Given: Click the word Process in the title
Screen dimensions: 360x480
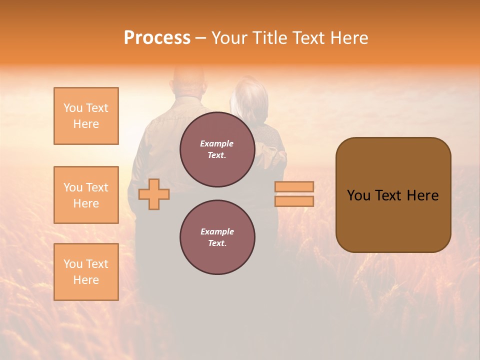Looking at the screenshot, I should pyautogui.click(x=157, y=38).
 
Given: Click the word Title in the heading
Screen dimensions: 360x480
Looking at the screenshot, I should pyautogui.click(x=270, y=38).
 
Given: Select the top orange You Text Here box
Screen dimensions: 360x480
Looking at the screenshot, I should pyautogui.click(x=86, y=116).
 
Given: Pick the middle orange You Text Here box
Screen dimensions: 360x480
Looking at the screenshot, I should pyautogui.click(x=86, y=195).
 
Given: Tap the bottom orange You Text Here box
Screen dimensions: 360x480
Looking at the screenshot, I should pyautogui.click(x=86, y=272).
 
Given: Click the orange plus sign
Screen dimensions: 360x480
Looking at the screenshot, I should pyautogui.click(x=154, y=194).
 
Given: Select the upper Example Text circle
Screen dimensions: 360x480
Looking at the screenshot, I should pyautogui.click(x=217, y=149).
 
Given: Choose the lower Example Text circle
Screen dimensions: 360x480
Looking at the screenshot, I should pyautogui.click(x=217, y=237).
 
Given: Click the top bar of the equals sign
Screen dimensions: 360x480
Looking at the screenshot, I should pyautogui.click(x=294, y=186).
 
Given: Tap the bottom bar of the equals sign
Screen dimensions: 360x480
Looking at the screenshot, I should pyautogui.click(x=294, y=201).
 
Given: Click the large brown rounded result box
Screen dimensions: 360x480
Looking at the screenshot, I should pyautogui.click(x=393, y=195).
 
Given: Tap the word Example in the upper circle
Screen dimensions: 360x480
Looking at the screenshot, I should pyautogui.click(x=217, y=143).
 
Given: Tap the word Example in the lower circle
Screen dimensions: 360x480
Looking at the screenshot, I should pyautogui.click(x=217, y=231).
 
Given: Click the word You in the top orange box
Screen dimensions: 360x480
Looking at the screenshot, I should pyautogui.click(x=72, y=108).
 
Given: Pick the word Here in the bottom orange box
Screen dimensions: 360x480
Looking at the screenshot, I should pyautogui.click(x=86, y=280).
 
